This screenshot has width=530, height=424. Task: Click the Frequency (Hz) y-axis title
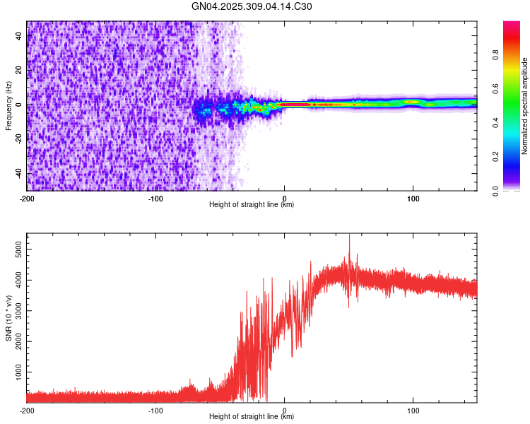pos(8,106)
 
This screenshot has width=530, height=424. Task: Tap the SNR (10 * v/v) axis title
pos(8,318)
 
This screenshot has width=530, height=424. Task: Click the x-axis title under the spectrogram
pos(252,205)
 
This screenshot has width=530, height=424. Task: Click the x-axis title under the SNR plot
pos(252,416)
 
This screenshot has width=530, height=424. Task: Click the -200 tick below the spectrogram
pos(27,197)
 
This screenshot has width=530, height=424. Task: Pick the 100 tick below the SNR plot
pos(413,409)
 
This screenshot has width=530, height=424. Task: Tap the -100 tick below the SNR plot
pos(155,409)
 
